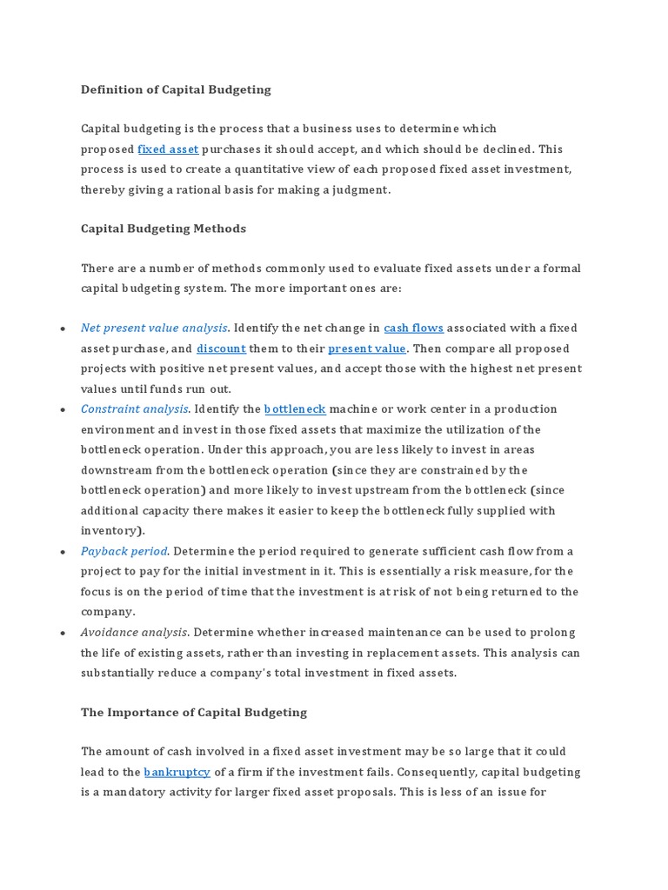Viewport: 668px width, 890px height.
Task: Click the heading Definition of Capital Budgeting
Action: (176, 90)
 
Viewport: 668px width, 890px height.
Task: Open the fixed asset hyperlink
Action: (168, 149)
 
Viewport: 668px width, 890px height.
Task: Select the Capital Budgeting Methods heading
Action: (164, 229)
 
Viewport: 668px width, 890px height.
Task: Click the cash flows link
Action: (413, 328)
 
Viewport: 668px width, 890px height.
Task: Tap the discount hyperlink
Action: (221, 349)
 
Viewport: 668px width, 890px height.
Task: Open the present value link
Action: (366, 349)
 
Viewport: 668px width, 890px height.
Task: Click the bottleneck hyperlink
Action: (295, 408)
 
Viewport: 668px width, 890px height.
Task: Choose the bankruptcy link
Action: (177, 772)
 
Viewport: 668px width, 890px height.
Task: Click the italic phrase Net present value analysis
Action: (154, 328)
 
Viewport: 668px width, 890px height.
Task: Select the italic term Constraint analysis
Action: (134, 408)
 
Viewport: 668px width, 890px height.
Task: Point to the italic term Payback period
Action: (124, 551)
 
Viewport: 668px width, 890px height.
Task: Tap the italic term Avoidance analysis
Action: (133, 632)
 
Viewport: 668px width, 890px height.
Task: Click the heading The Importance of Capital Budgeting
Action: (194, 713)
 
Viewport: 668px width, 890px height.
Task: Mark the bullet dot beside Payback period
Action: (63, 552)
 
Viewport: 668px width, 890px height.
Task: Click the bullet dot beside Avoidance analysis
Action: (63, 633)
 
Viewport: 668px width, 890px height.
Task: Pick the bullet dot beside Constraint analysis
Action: (63, 409)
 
